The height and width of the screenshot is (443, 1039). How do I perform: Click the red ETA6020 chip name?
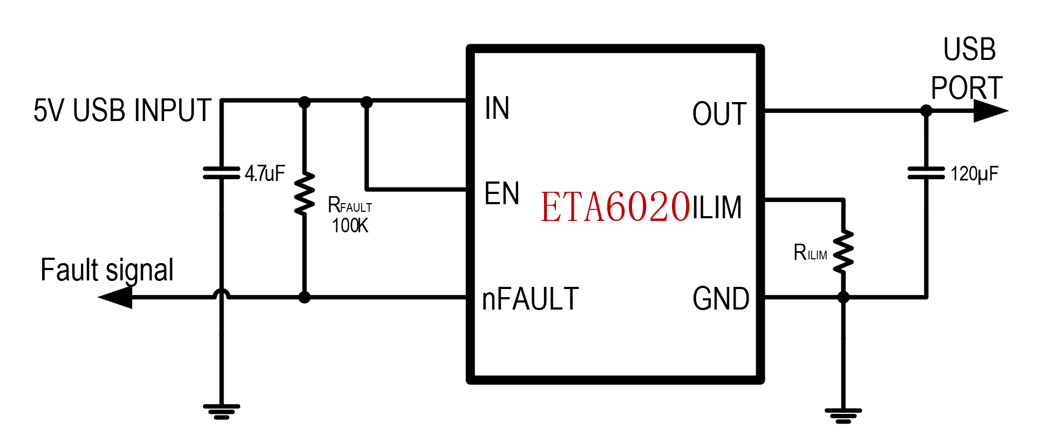615,207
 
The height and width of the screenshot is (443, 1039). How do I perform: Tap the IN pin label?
497,108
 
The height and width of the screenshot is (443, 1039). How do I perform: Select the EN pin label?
502,193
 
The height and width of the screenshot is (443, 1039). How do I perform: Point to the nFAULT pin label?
530,299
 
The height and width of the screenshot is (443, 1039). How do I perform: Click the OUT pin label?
719,114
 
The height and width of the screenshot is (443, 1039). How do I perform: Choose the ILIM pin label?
717,207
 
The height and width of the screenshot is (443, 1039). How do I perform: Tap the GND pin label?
721,299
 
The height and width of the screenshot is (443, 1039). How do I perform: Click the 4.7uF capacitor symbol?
221,173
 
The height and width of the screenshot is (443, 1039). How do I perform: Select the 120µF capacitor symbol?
926,173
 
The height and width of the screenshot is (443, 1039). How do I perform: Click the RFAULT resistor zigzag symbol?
304,193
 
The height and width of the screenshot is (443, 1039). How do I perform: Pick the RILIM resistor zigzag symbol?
843,251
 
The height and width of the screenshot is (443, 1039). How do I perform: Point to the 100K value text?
350,226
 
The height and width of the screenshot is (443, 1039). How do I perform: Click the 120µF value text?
974,174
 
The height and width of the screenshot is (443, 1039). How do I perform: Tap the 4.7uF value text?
264,173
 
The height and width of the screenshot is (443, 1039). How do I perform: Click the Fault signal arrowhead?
116,297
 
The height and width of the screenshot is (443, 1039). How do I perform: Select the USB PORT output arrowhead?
990,111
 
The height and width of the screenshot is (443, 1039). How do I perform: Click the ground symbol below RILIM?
843,415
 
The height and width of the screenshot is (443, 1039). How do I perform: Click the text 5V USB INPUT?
122,110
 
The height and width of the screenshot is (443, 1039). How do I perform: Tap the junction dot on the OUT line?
926,111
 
